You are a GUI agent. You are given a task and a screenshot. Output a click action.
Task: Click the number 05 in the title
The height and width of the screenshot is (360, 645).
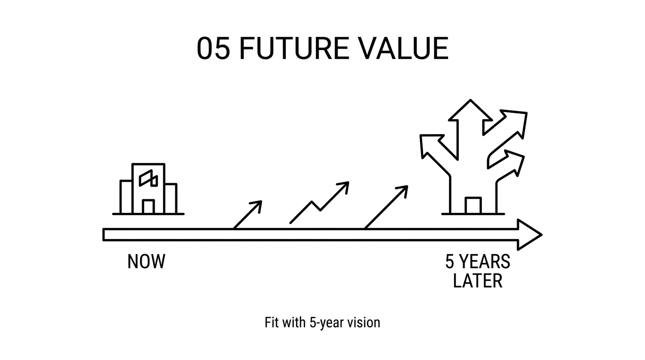[x=213, y=48]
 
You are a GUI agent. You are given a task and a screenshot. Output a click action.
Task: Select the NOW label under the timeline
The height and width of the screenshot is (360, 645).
[x=146, y=262]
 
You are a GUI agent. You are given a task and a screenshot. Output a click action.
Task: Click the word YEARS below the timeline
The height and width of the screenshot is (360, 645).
[x=485, y=262]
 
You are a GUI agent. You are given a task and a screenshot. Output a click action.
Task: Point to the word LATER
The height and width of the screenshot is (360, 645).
[x=478, y=280]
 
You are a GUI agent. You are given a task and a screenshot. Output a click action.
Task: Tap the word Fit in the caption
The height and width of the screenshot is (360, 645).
[x=271, y=322]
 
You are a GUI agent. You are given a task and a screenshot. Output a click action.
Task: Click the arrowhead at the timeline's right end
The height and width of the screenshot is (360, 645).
[x=530, y=235]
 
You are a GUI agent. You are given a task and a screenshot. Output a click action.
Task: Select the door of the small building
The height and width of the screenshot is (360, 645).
[x=148, y=207]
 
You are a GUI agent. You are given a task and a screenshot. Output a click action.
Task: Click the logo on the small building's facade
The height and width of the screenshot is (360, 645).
[x=148, y=178]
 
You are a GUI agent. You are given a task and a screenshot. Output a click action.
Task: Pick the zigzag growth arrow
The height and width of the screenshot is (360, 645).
[x=320, y=202]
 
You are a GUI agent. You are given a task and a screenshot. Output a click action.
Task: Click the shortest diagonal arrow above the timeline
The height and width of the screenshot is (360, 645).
[x=247, y=215]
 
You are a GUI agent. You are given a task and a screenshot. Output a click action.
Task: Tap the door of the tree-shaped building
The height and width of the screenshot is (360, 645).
[x=473, y=206]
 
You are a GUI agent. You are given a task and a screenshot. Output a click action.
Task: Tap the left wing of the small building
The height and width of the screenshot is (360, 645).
[x=126, y=197]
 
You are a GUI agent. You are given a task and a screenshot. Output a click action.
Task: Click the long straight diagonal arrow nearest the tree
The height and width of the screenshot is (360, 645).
[x=386, y=207]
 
